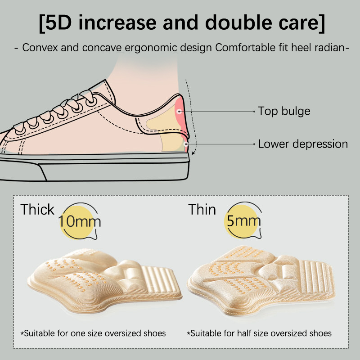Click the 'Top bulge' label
click(284, 111)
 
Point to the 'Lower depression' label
click(303, 144)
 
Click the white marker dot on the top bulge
click(179, 112)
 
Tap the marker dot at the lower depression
click(186, 144)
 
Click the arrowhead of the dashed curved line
click(193, 153)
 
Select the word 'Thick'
click(37, 209)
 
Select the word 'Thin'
click(202, 209)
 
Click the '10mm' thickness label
click(80, 221)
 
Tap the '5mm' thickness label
click(244, 221)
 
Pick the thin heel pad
click(261, 279)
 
